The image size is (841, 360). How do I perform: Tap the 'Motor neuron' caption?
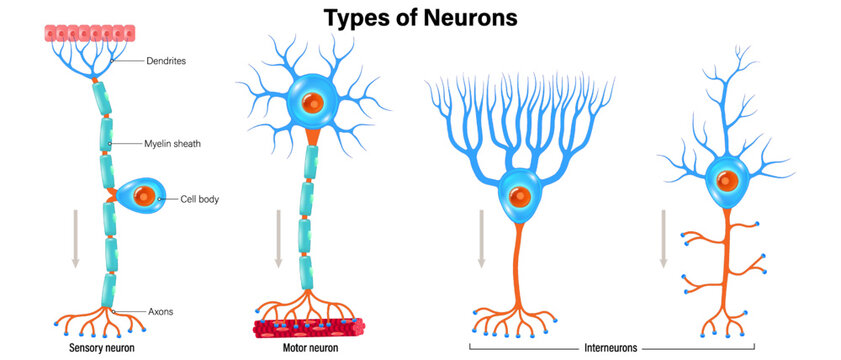(309, 349)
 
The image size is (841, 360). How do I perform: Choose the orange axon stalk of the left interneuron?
(518, 260)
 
